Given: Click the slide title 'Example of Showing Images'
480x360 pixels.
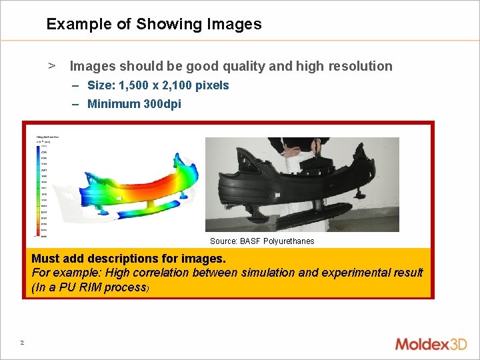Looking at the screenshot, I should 154,25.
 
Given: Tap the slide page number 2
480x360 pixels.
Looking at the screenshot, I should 22,343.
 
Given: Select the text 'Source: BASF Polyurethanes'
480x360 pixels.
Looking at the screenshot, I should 262,241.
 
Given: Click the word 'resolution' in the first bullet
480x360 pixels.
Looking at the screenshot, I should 361,66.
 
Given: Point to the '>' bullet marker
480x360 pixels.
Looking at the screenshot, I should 51,65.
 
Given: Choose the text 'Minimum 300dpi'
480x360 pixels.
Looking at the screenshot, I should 134,104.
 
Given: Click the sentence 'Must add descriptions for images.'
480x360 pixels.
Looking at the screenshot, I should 129,258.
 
